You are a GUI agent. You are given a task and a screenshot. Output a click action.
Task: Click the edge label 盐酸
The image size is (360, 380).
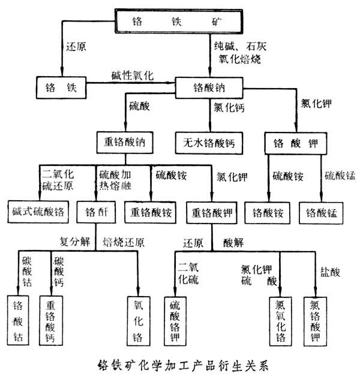pos(331,273)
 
